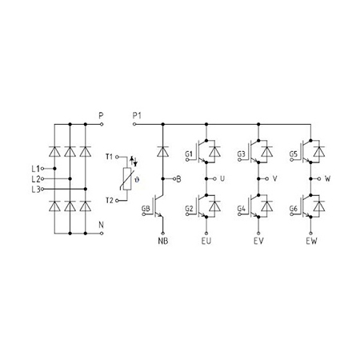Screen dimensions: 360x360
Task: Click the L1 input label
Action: [x=35, y=169]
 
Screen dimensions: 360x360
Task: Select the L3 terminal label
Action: [x=36, y=190]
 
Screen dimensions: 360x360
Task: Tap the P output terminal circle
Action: [x=102, y=124]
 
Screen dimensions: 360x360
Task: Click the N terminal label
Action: [x=101, y=225]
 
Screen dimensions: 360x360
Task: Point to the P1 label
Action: [x=137, y=116]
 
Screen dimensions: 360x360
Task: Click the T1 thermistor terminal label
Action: [x=110, y=157]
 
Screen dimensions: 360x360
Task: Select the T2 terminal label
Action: [x=110, y=200]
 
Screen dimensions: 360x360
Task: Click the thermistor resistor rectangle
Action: [x=127, y=179]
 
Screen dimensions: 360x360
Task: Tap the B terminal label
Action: [x=178, y=179]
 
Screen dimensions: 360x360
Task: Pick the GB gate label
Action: [x=146, y=209]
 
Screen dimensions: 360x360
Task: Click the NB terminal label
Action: [x=163, y=241]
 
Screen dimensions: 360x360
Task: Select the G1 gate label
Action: [x=189, y=154]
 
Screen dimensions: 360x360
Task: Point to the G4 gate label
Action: [x=241, y=209]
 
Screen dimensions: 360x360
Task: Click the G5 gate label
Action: [x=294, y=154]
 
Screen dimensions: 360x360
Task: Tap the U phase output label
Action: [x=222, y=178]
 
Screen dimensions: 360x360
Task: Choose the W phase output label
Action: [x=328, y=178]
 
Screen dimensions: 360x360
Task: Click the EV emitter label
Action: [x=258, y=241]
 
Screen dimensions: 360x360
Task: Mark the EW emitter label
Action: [x=311, y=241]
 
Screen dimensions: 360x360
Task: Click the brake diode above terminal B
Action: [x=163, y=151]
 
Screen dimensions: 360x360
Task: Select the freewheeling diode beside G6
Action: [x=319, y=206]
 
